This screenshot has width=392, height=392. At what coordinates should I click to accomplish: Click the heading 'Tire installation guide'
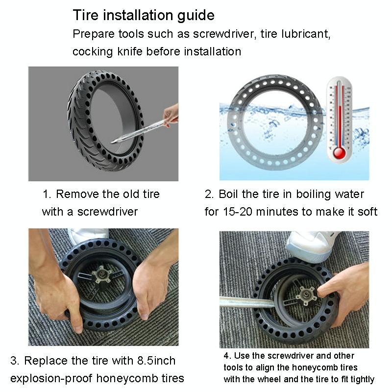[x=144, y=15]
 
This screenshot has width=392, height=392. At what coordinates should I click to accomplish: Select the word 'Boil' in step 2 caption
[x=230, y=194]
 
